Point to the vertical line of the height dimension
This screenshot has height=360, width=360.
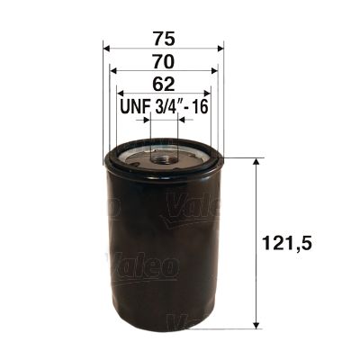[259, 243]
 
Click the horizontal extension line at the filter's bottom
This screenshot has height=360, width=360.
[234, 328]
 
